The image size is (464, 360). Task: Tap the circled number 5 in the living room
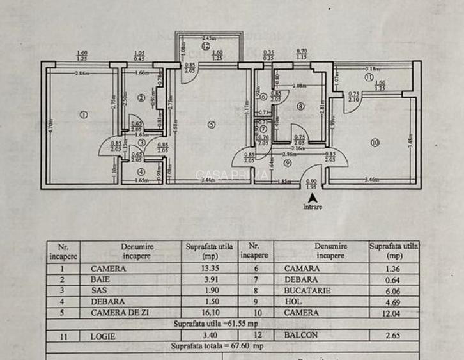click(x=212, y=124)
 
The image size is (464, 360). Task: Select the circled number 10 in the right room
click(x=375, y=141)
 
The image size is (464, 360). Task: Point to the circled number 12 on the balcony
click(x=206, y=46)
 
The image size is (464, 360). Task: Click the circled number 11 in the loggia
click(x=369, y=77)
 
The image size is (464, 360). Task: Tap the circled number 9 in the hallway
click(x=288, y=163)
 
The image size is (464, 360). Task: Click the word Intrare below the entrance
click(x=313, y=207)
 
